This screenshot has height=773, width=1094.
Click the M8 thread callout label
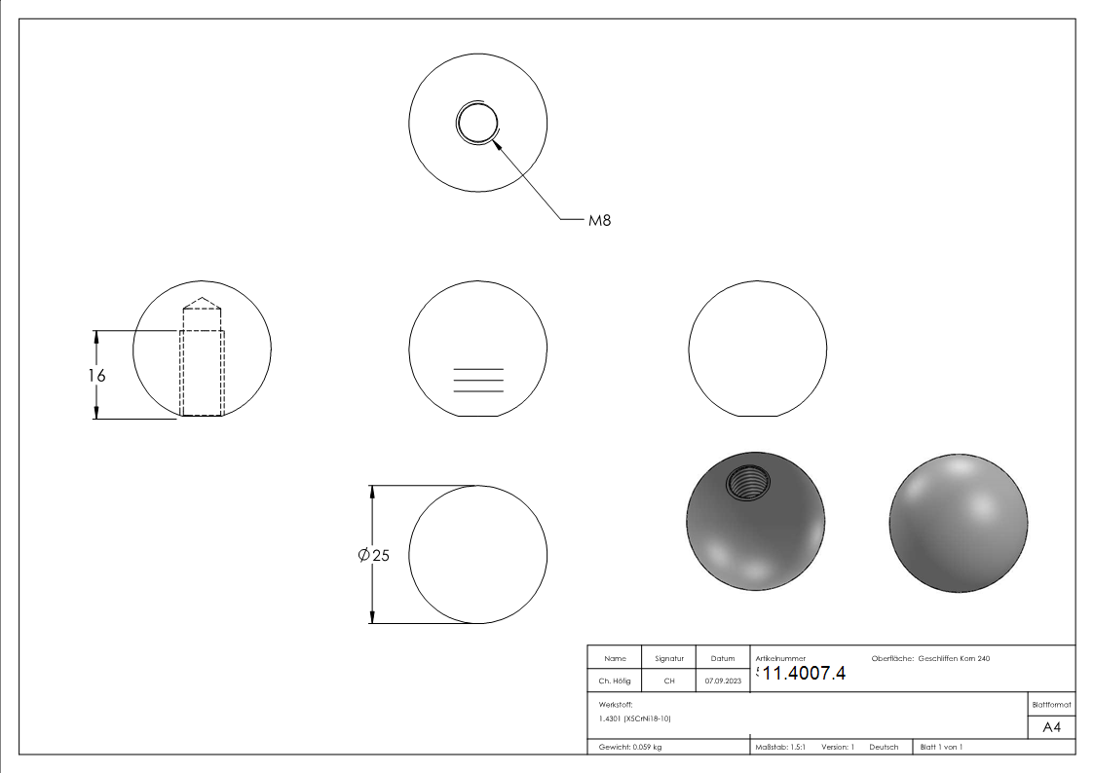tap(599, 220)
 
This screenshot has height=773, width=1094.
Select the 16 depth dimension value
tap(97, 376)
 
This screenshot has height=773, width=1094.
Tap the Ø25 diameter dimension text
tap(373, 556)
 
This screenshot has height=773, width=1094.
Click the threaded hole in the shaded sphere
tap(748, 482)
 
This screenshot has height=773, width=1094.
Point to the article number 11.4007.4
tap(804, 674)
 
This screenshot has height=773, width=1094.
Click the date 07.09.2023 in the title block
tap(723, 681)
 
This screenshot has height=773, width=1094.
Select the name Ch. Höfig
tap(614, 681)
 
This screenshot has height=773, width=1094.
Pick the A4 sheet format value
tap(1051, 727)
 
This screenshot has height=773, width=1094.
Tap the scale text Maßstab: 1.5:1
tap(780, 748)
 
